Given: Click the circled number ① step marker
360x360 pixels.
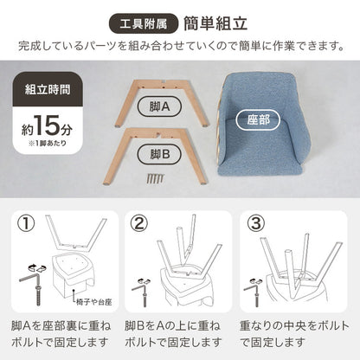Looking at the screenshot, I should coord(29,225).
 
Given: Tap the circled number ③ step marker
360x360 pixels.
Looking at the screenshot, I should coord(256,225).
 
